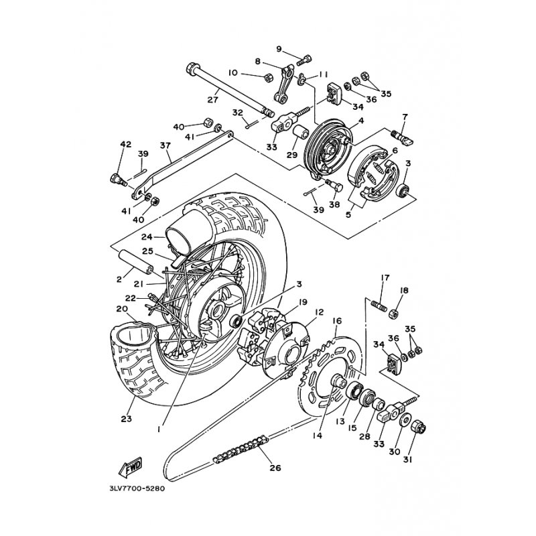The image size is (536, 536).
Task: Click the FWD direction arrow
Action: coord(130,467)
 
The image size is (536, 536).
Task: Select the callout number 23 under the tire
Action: coord(126,418)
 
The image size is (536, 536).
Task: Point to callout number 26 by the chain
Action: coord(275,468)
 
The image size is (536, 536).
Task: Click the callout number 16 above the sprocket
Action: coord(337,321)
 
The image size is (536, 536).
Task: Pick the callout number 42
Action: coord(126,144)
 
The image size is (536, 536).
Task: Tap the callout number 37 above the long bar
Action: coord(165,145)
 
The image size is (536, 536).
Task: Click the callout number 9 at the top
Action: coord(279,49)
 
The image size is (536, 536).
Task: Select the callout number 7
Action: coord(405,117)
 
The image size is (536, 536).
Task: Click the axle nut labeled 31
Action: coord(419,427)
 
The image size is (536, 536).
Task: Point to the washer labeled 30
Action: coord(406,420)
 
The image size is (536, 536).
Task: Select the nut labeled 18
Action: coord(393,313)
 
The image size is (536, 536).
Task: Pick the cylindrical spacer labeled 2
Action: coord(135,261)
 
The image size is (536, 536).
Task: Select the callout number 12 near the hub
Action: coord(320,312)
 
